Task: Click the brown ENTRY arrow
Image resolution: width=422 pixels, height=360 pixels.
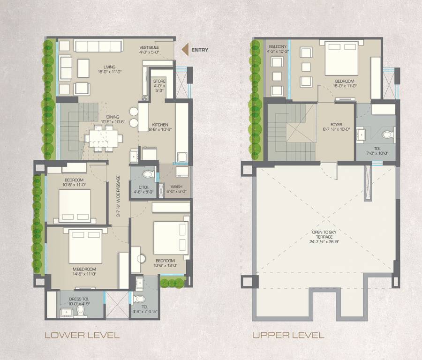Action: [185, 50]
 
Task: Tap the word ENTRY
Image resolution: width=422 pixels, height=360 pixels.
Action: [200, 50]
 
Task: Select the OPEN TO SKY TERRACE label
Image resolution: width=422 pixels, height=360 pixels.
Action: [324, 237]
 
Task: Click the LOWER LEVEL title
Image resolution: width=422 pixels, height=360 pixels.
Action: [82, 335]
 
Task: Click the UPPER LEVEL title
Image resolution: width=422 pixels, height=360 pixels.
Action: [288, 335]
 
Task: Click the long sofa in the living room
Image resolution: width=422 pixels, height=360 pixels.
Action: [98, 46]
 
